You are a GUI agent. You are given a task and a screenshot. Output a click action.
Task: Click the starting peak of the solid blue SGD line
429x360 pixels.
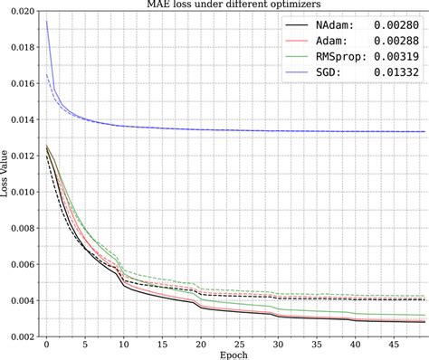point(46,22)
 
